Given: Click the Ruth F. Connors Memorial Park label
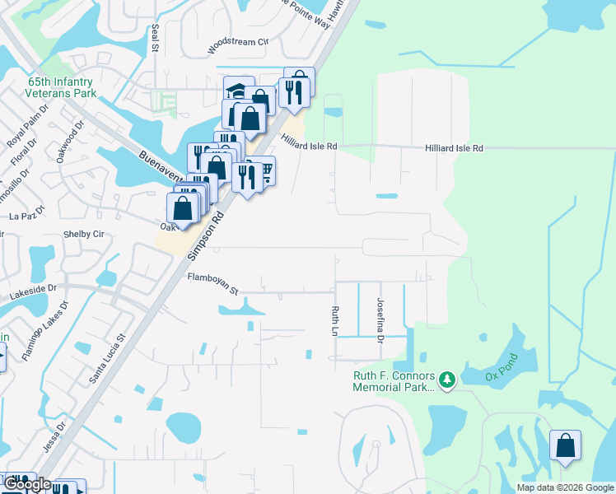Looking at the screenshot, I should [394, 380].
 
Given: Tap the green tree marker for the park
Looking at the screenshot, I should [447, 380].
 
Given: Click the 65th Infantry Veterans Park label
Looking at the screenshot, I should [63, 88].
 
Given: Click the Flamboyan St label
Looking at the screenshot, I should [212, 283].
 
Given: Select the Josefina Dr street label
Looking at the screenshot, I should [380, 319].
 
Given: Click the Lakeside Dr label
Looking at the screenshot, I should [29, 289].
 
